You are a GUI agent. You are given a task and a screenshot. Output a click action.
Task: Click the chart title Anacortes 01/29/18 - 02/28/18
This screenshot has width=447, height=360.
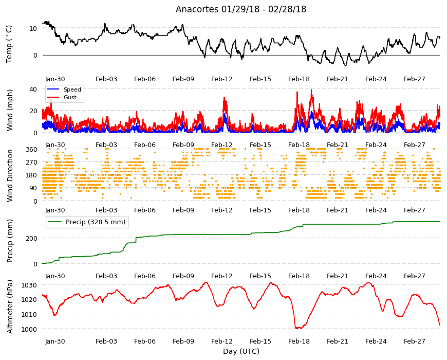click(241, 9)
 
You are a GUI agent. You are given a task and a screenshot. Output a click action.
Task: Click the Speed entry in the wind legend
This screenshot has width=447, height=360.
click(72, 89)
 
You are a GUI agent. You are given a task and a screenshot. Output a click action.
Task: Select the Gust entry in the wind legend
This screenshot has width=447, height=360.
click(70, 97)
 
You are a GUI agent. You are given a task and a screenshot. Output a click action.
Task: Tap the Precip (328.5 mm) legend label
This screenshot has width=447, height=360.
click(96, 222)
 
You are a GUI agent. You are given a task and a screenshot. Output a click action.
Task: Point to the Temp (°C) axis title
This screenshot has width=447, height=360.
click(9, 44)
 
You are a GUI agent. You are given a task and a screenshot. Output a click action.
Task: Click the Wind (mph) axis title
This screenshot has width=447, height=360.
click(10, 110)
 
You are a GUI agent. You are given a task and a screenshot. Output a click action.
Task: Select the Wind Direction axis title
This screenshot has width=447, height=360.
click(10, 175)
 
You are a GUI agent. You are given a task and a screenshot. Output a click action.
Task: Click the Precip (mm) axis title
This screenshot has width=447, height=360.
click(10, 241)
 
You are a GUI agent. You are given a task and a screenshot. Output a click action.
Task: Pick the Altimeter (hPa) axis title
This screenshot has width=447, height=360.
click(10, 307)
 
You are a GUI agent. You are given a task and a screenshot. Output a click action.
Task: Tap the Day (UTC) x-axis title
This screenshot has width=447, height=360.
click(241, 351)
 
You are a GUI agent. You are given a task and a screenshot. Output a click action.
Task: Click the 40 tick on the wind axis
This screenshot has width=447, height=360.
click(33, 89)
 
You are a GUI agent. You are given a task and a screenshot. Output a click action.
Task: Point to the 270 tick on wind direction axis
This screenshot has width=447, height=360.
click(31, 163)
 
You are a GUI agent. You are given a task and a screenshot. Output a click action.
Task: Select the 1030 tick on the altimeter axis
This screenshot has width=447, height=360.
click(29, 285)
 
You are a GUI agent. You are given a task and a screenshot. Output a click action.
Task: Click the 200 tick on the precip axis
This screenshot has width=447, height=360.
click(31, 238)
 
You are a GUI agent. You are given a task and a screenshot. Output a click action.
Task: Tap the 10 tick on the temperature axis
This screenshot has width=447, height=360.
click(33, 28)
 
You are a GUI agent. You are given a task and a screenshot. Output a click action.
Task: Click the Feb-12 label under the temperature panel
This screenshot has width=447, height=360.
click(222, 79)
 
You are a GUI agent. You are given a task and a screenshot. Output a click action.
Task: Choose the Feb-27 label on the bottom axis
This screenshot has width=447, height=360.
click(415, 341)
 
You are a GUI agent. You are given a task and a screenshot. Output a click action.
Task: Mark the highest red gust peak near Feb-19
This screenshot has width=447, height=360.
click(311, 90)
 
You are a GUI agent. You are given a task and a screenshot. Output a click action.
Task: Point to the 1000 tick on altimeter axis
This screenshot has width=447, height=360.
click(29, 329)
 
